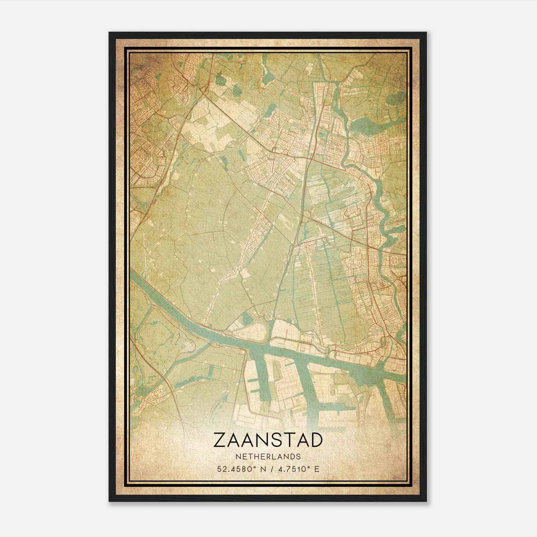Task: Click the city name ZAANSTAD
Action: pos(268,440)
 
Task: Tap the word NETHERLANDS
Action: pos(268,457)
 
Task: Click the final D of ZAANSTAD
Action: pos(316,440)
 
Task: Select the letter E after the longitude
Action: pos(317,469)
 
